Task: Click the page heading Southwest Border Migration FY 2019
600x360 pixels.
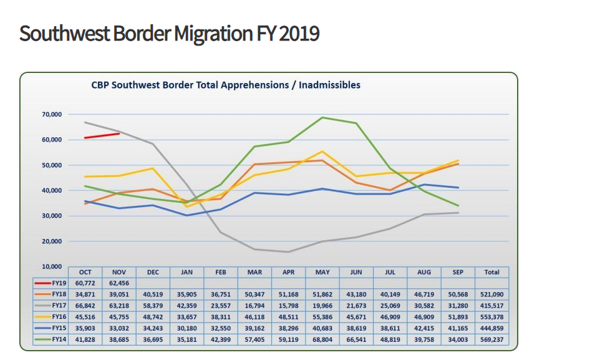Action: [x=169, y=33]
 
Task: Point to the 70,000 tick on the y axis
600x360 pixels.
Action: [x=52, y=115]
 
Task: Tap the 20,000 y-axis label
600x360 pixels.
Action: [x=52, y=241]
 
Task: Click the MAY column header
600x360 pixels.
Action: [x=322, y=272]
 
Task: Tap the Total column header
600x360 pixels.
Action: [x=491, y=272]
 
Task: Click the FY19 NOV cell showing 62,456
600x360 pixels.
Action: [x=119, y=283]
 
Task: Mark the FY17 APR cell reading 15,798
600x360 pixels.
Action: [x=288, y=306]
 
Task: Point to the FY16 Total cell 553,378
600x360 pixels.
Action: [x=491, y=317]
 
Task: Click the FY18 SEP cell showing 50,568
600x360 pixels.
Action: [x=457, y=294]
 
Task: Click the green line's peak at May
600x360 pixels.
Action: [x=322, y=117]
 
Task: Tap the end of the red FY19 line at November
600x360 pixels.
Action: [x=119, y=134]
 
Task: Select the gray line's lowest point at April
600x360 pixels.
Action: [x=288, y=252]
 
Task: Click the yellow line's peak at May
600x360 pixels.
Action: [x=322, y=152]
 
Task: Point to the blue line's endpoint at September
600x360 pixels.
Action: [x=458, y=188]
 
